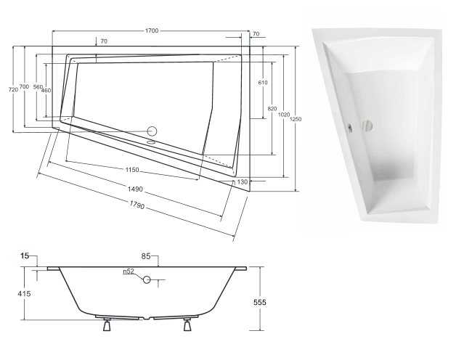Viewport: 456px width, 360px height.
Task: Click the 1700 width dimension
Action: point(152,31)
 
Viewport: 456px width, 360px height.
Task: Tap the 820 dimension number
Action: point(272,108)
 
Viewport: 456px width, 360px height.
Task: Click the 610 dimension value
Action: point(262,83)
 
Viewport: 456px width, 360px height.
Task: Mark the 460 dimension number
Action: point(46,90)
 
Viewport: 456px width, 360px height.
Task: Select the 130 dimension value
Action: point(243,181)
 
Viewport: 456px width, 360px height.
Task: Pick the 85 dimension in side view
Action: point(146,255)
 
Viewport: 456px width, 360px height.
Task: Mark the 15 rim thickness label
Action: point(25,256)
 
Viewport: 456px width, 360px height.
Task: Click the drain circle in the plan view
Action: point(152,131)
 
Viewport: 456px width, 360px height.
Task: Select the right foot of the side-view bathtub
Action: point(188,326)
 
